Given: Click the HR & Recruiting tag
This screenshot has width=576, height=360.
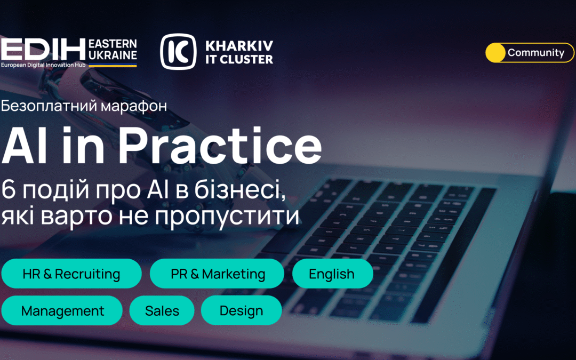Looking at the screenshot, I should click(x=71, y=274).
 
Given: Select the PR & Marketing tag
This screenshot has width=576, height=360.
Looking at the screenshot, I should click(x=217, y=274).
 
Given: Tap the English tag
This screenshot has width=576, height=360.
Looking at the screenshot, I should click(x=332, y=274).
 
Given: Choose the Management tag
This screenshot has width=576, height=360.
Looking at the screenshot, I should click(x=62, y=310).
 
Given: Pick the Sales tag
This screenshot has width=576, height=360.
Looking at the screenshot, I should click(x=162, y=310).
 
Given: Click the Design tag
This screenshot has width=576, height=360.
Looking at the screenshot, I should click(x=241, y=310).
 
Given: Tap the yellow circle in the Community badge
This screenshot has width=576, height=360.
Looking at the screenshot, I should click(x=495, y=53).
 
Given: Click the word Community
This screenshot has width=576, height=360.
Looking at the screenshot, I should click(x=535, y=53).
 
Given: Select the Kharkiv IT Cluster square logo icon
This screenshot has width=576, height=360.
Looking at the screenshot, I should click(x=178, y=52).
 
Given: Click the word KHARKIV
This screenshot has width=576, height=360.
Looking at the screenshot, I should click(x=238, y=45).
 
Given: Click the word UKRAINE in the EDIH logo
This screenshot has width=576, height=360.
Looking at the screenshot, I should click(x=113, y=55).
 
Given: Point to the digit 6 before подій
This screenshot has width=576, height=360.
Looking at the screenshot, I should click(x=9, y=189).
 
